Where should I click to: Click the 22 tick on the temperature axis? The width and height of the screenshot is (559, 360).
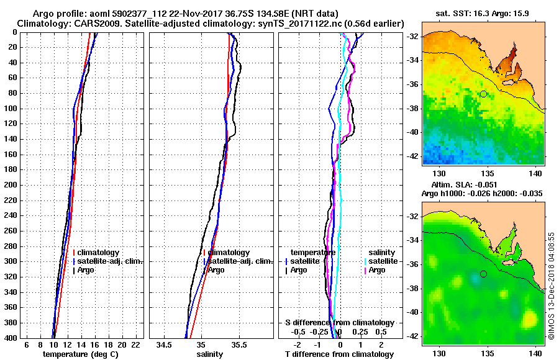[135, 344]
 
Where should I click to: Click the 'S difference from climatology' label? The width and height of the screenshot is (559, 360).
[339, 323]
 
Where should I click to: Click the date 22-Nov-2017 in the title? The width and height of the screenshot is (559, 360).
[192, 14]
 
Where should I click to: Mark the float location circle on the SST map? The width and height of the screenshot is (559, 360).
[483, 94]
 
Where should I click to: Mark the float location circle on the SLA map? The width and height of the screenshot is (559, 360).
[483, 274]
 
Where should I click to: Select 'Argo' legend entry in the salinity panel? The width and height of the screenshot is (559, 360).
[216, 270]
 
